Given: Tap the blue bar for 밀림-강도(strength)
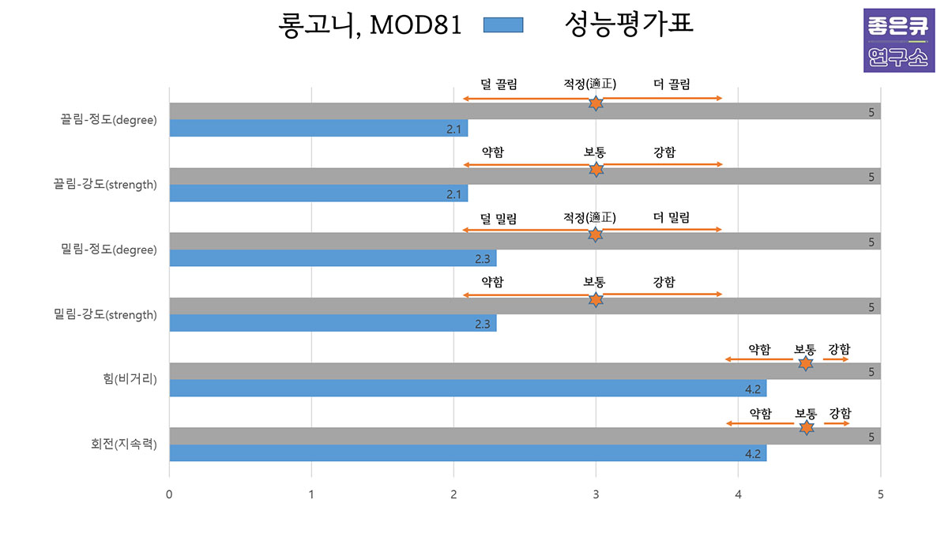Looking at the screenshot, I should pyautogui.click(x=333, y=323).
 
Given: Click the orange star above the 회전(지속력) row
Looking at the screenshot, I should pyautogui.click(x=806, y=427).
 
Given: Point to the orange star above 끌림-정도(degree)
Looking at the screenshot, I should pyautogui.click(x=596, y=103).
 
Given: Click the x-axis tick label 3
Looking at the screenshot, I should pyautogui.click(x=596, y=494).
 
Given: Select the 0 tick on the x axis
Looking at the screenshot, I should pyautogui.click(x=169, y=494).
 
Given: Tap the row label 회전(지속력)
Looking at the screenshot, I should pyautogui.click(x=124, y=445).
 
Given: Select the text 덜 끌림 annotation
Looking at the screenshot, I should pyautogui.click(x=498, y=84).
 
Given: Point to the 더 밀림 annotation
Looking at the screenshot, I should pyautogui.click(x=671, y=217).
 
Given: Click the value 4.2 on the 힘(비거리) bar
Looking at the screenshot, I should pyautogui.click(x=752, y=388).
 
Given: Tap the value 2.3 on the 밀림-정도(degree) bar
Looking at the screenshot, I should pyautogui.click(x=483, y=258).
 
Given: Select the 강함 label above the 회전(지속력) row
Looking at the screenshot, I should pyautogui.click(x=841, y=413).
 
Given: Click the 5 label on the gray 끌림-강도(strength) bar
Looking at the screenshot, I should pyautogui.click(x=871, y=177).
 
